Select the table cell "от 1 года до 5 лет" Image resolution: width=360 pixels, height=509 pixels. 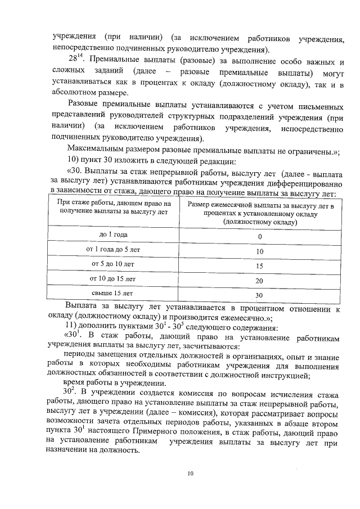pos(113,249)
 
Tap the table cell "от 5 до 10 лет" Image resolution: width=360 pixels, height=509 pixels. pos(113,264)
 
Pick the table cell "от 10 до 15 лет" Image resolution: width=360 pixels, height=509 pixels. pos(113,278)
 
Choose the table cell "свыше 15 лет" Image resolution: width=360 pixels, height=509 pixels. pos(113,293)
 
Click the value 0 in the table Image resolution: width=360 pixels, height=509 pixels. pos(259,236)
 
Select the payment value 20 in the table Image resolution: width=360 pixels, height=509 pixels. pos(259,280)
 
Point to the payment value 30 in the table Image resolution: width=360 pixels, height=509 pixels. pos(259,295)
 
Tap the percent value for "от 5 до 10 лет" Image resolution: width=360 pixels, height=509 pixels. pos(259,265)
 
